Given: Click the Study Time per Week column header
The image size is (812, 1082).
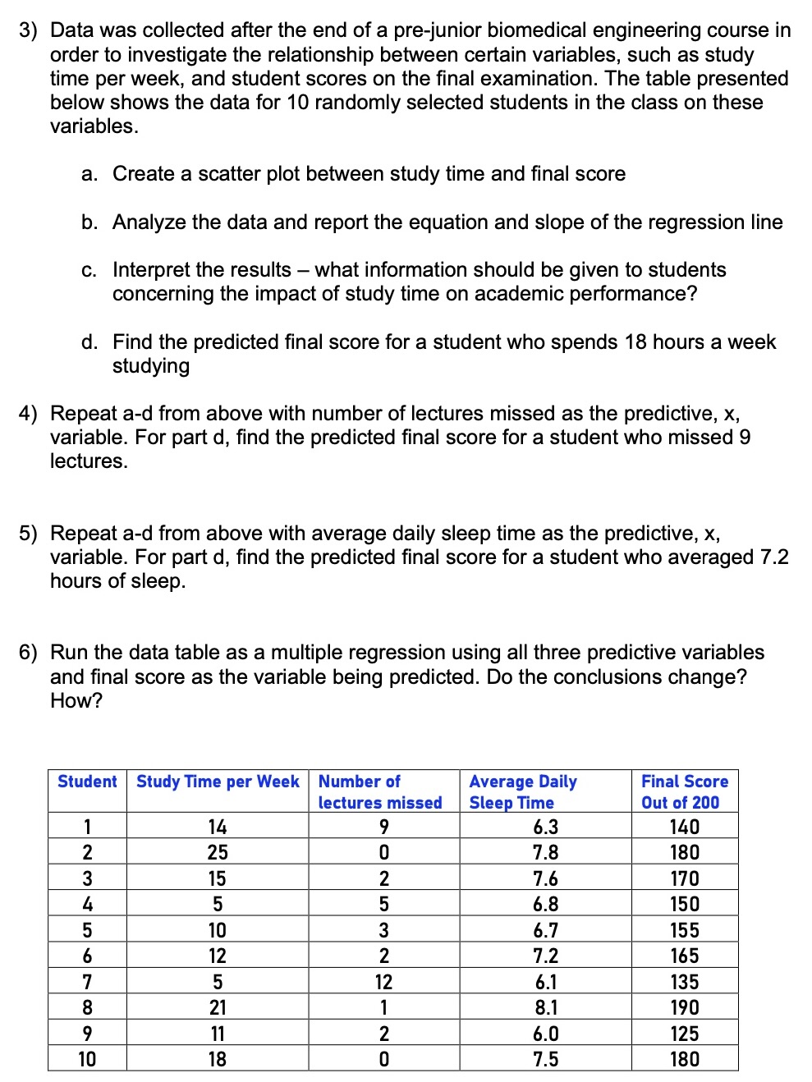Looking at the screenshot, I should tap(218, 782).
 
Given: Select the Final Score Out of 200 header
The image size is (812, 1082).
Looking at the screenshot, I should tap(684, 791).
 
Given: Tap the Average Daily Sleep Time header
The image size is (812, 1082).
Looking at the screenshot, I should tap(523, 791).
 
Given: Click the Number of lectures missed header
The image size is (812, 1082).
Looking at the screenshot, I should tap(379, 791).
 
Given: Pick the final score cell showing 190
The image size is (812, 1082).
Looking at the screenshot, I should tap(684, 1007).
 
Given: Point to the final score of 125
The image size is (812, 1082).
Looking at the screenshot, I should tap(684, 1034).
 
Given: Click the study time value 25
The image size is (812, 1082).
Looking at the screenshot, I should tap(218, 852).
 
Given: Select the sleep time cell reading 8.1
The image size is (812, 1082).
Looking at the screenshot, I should tap(545, 1007).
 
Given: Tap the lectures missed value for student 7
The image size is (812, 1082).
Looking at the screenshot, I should tap(383, 982).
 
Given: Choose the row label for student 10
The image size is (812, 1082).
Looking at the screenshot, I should tap(87, 1059).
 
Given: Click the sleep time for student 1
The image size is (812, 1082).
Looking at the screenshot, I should tap(545, 827).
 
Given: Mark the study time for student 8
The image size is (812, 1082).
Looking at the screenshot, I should tap(218, 1007).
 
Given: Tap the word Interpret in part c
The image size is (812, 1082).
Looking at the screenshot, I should tap(151, 270).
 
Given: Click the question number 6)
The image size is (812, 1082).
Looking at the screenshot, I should tap(29, 653).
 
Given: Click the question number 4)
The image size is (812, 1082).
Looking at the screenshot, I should tap(29, 414).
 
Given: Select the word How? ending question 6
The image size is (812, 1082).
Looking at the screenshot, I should tap(76, 701).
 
